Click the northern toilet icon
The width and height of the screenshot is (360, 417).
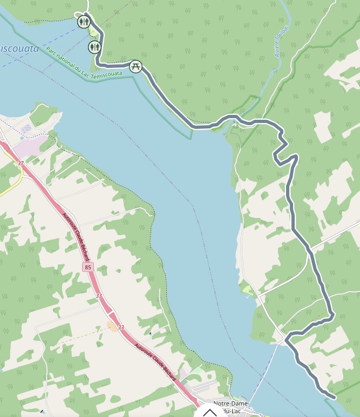tap(83, 22)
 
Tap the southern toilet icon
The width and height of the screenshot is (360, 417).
tap(94, 47)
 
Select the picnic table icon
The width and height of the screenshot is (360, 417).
tap(135, 66)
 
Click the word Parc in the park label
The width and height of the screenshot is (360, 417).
tap(52, 52)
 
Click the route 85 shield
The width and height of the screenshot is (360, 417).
tap(88, 267)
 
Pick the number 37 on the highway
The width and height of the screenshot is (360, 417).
tap(21, 163)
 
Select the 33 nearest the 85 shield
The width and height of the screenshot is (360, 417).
tap(99, 296)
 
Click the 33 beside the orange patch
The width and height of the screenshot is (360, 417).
tap(121, 327)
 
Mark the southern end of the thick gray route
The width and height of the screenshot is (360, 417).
tap(334, 398)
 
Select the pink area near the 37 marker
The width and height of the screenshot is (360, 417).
tap(30, 146)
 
